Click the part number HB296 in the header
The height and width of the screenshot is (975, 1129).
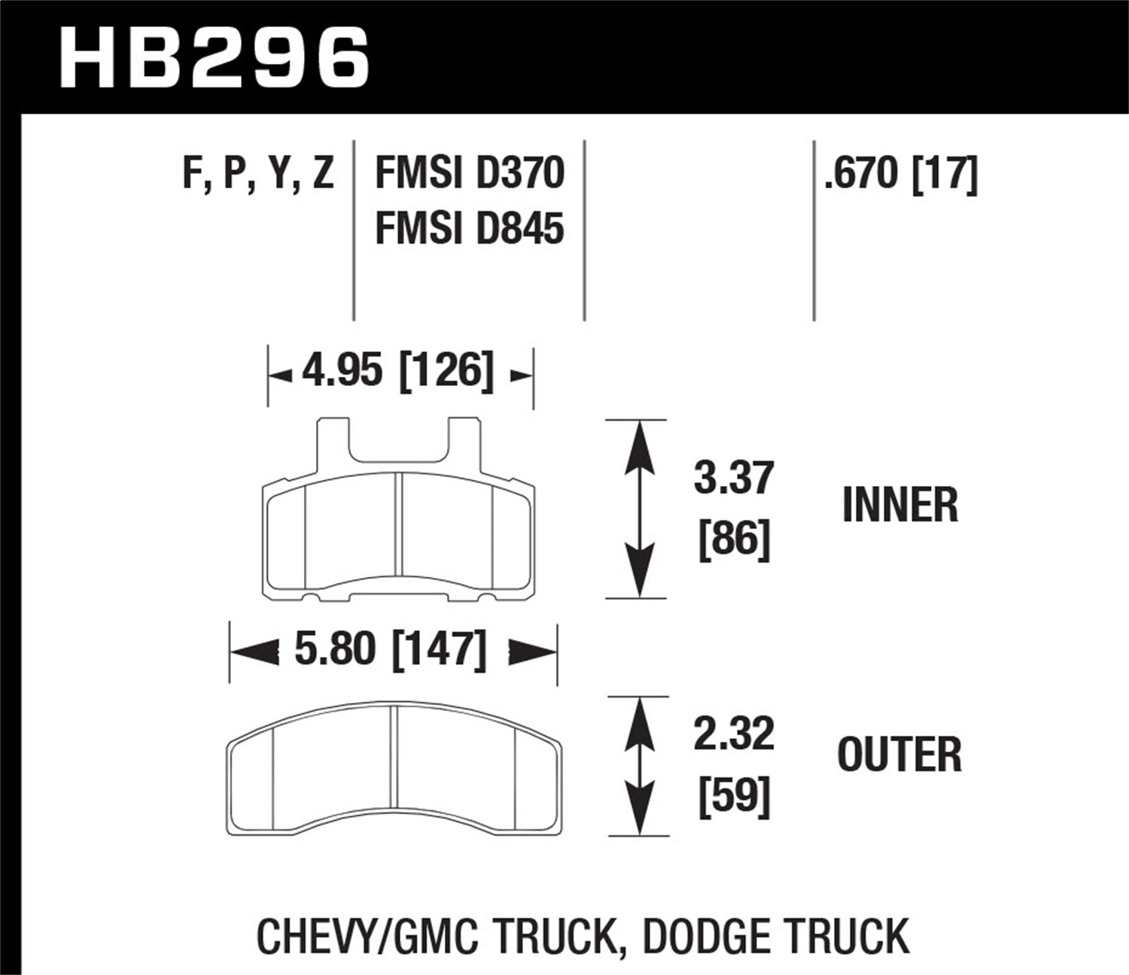pyautogui.click(x=214, y=57)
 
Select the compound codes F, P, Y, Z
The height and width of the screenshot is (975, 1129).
pyautogui.click(x=258, y=174)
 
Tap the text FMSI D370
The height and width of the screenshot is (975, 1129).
pyautogui.click(x=469, y=174)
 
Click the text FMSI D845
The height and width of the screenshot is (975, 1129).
pyautogui.click(x=469, y=228)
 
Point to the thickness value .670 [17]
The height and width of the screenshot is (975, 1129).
pyautogui.click(x=900, y=174)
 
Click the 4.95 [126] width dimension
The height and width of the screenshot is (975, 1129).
pyautogui.click(x=398, y=372)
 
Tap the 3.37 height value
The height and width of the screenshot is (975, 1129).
pyautogui.click(x=733, y=478)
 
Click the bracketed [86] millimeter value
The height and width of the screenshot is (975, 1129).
pyautogui.click(x=734, y=540)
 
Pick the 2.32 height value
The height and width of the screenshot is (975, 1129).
pyautogui.click(x=733, y=734)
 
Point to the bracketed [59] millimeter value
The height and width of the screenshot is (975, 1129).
pyautogui.click(x=734, y=796)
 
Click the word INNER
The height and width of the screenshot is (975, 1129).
pyautogui.click(x=900, y=506)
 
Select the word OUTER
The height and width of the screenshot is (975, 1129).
pyautogui.click(x=899, y=755)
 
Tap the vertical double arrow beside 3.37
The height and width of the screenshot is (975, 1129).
pyautogui.click(x=638, y=509)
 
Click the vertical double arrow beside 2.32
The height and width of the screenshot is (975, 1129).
pyautogui.click(x=638, y=766)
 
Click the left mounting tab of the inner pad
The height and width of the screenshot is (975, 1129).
pyautogui.click(x=333, y=444)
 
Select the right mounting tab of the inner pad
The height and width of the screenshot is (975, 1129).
pyautogui.click(x=464, y=444)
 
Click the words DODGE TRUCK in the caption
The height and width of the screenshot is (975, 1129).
pyautogui.click(x=776, y=937)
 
